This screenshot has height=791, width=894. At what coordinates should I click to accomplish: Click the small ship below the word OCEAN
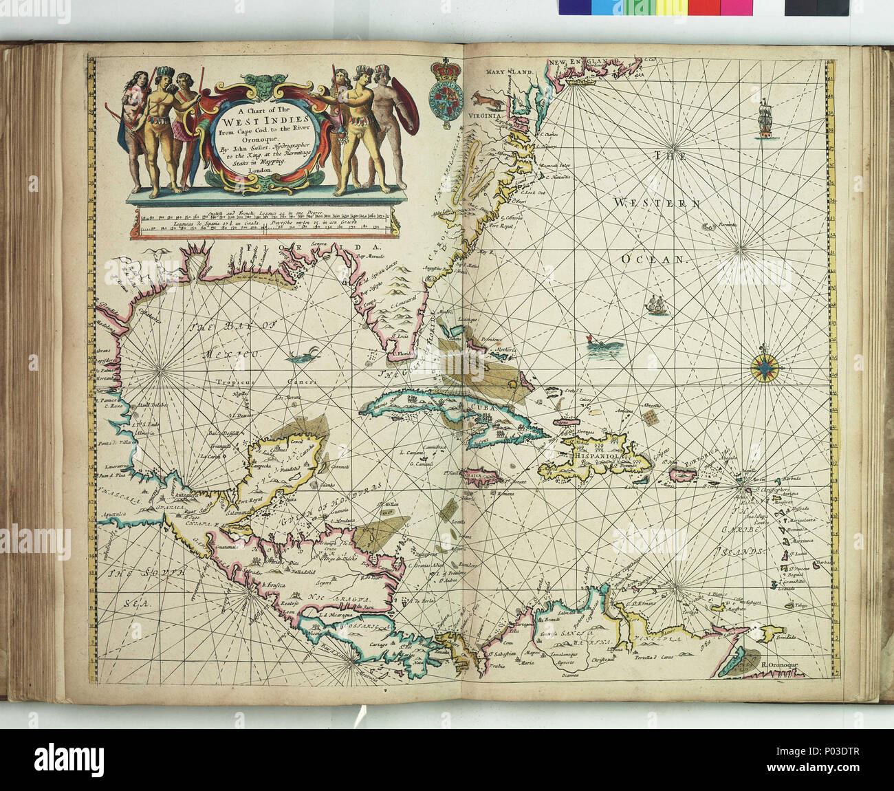657,305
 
